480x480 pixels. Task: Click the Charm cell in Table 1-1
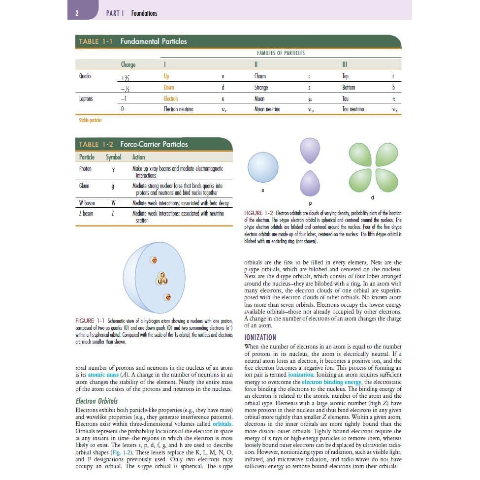click(260, 76)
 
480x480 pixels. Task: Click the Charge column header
click(128, 64)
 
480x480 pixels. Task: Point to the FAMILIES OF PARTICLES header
click(281, 53)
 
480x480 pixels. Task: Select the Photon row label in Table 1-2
click(86, 168)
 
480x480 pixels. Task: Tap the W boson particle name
click(87, 203)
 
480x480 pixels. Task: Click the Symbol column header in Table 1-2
click(113, 157)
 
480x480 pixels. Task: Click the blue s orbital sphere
click(263, 167)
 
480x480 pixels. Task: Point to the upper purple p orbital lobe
click(310, 150)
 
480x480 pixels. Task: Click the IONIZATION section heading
click(260, 337)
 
